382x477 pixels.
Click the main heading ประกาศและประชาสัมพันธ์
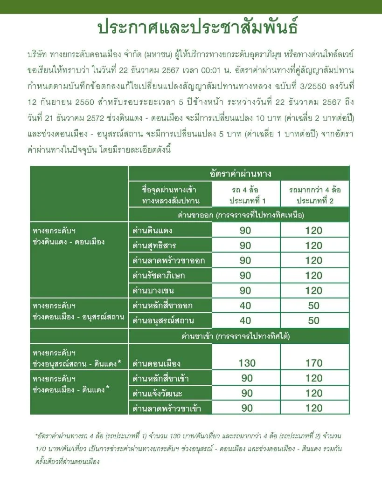[x=191, y=27]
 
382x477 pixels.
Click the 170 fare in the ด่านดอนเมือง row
[x=314, y=363]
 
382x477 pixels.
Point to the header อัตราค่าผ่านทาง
[x=241, y=174]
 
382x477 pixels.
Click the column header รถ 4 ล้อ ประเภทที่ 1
[x=247, y=196]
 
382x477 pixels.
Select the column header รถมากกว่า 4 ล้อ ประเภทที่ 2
[x=314, y=196]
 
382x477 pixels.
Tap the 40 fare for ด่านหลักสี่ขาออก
[x=245, y=306]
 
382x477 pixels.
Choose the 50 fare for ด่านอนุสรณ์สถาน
[x=314, y=320]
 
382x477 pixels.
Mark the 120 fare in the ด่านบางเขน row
[x=314, y=290]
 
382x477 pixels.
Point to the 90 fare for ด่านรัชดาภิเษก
[x=245, y=275]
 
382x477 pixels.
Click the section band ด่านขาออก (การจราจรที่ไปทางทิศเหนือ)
[x=241, y=215]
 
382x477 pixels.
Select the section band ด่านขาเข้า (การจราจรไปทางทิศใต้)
[x=241, y=336]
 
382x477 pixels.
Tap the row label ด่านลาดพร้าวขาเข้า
[x=164, y=409]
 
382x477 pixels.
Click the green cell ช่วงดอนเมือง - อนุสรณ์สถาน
[x=78, y=312]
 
